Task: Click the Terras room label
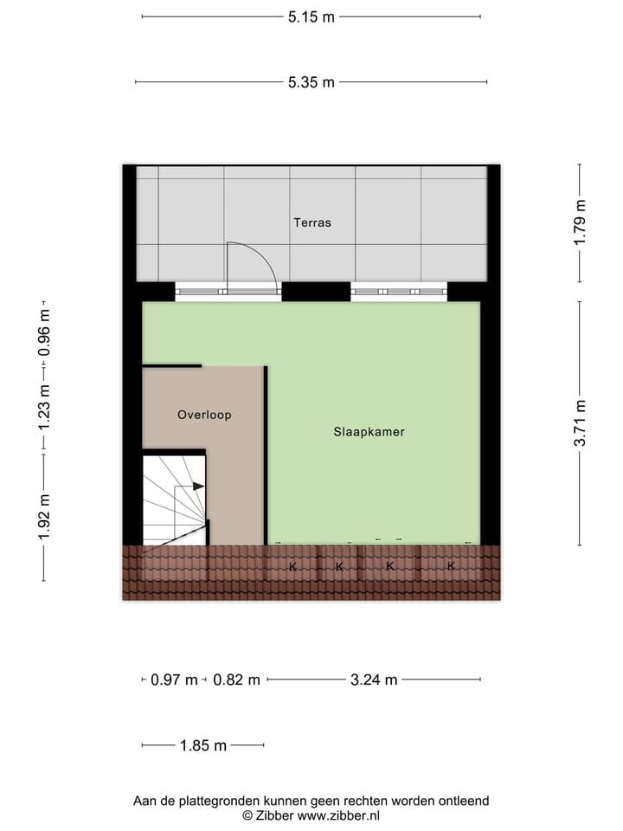pyautogui.click(x=311, y=222)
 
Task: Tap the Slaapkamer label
pyautogui.click(x=369, y=431)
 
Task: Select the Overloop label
pyautogui.click(x=204, y=415)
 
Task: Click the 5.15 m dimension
pyautogui.click(x=311, y=16)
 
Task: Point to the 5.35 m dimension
pyautogui.click(x=311, y=82)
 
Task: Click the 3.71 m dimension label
pyautogui.click(x=580, y=422)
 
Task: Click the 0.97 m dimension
pyautogui.click(x=174, y=680)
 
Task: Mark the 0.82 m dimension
pyautogui.click(x=236, y=680)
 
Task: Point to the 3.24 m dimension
pyautogui.click(x=374, y=680)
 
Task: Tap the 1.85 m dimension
pyautogui.click(x=202, y=745)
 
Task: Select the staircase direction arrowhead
pyautogui.click(x=199, y=486)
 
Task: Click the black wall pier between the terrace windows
pyautogui.click(x=316, y=292)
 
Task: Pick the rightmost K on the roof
pyautogui.click(x=451, y=567)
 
